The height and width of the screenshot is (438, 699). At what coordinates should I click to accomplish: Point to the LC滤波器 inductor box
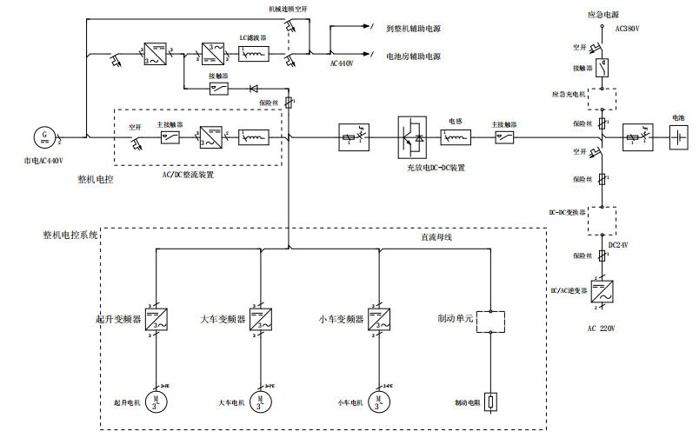point(253,54)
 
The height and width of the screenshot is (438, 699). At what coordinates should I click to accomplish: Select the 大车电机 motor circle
point(260,401)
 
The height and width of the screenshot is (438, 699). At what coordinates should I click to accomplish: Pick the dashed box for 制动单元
point(492,320)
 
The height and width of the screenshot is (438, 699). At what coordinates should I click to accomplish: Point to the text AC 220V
point(602,329)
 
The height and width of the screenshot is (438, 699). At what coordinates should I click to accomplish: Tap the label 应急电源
point(603,15)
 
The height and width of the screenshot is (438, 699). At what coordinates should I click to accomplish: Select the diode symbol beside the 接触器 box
point(254,88)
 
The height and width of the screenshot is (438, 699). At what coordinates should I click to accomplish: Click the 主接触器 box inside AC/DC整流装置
point(170,136)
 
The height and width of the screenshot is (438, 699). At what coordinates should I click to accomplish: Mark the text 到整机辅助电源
point(413,28)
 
